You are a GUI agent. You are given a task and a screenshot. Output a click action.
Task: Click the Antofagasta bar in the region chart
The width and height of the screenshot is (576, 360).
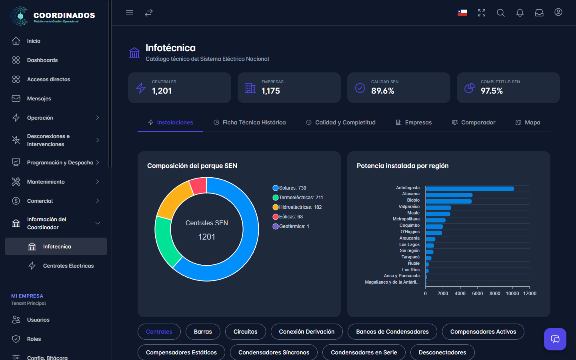click(x=470, y=189)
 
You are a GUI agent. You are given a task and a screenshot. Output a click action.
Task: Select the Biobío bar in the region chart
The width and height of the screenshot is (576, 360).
click(x=449, y=201)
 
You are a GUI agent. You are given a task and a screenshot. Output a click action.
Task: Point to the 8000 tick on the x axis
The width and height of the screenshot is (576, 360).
click(x=495, y=294)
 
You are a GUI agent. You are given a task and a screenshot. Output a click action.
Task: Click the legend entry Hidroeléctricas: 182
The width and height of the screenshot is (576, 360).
click(x=297, y=207)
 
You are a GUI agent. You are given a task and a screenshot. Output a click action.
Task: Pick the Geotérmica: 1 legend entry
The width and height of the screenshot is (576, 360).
click(x=291, y=226)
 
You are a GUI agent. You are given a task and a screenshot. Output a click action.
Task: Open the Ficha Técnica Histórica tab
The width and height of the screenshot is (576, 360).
click(x=250, y=122)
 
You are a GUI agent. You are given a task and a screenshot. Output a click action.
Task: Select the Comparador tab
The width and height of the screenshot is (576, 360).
click(x=474, y=122)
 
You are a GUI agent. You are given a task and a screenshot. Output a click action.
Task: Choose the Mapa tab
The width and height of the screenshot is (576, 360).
click(x=528, y=122)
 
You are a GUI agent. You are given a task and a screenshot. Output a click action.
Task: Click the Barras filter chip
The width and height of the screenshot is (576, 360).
click(x=203, y=332)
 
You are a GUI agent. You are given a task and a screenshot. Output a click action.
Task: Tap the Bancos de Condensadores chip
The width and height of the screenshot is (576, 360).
click(x=392, y=332)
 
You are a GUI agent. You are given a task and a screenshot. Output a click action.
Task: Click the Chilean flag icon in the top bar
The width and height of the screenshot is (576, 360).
click(x=462, y=13)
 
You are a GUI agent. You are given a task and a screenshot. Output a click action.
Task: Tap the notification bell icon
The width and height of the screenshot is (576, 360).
click(x=520, y=13)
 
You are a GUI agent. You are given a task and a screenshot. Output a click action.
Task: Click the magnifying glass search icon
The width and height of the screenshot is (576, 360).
click(x=501, y=13)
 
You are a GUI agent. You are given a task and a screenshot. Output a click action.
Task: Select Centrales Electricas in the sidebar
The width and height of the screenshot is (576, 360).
click(x=61, y=266)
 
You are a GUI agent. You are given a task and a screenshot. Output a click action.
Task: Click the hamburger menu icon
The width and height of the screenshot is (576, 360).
click(x=130, y=13)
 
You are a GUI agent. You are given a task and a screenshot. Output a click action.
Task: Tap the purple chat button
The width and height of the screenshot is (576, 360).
click(x=555, y=339)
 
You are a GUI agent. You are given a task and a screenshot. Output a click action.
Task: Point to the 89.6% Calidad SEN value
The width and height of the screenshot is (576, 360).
click(x=382, y=91)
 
